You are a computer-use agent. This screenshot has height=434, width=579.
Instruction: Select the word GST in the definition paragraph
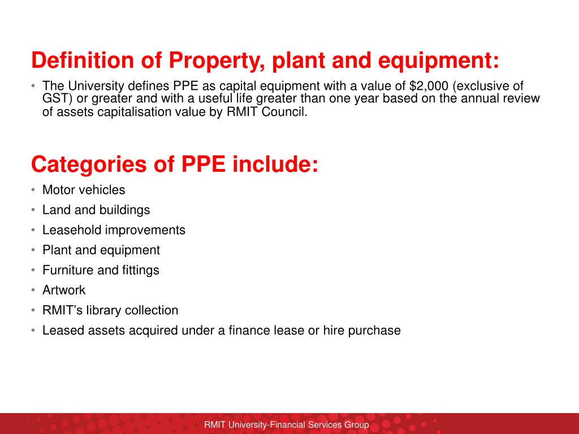pos(55,99)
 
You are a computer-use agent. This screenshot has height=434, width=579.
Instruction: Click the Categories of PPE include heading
pos(175,164)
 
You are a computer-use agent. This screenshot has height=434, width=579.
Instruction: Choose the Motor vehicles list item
pos(84,190)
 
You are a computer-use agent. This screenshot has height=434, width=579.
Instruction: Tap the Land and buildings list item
pos(96,210)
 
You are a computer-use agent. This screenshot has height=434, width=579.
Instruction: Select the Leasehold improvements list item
pos(114,230)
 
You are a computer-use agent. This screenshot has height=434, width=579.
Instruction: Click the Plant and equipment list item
pos(101,250)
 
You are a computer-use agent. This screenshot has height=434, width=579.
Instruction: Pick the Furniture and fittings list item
pos(101,270)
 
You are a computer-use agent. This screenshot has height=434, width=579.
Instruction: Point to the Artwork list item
pos(64,290)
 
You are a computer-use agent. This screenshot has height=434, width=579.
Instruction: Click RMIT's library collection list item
pos(110,310)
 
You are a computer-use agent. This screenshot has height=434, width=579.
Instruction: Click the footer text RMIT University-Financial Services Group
pos(287,425)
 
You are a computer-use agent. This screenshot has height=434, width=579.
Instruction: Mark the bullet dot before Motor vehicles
pos(33,190)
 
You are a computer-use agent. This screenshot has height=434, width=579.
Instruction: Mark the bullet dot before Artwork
pos(33,290)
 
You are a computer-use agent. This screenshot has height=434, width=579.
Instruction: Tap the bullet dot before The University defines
pos(33,86)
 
